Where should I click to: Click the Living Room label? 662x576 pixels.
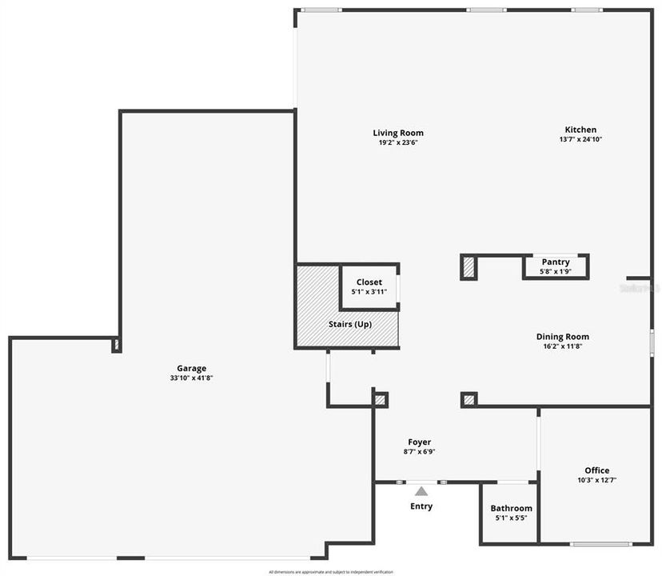pyautogui.click(x=398, y=133)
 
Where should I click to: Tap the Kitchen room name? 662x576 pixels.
pyautogui.click(x=580, y=130)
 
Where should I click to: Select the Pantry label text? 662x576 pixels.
pyautogui.click(x=556, y=262)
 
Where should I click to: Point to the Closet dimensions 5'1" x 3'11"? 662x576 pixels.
pyautogui.click(x=369, y=292)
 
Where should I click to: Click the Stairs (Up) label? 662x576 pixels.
pyautogui.click(x=350, y=324)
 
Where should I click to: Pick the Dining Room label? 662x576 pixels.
pyautogui.click(x=562, y=337)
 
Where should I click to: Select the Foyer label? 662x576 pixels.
pyautogui.click(x=420, y=442)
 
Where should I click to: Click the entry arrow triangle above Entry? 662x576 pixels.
pyautogui.click(x=421, y=491)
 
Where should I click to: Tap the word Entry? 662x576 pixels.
pyautogui.click(x=421, y=506)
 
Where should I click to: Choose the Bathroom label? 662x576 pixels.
pyautogui.click(x=511, y=508)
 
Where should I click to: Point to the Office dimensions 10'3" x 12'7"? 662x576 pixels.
pyautogui.click(x=596, y=481)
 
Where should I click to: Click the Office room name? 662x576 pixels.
pyautogui.click(x=596, y=470)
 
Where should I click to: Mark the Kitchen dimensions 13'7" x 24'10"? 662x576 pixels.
pyautogui.click(x=580, y=139)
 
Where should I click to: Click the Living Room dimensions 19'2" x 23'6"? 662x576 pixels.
pyautogui.click(x=398, y=142)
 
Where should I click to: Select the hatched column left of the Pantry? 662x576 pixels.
pyautogui.click(x=469, y=266)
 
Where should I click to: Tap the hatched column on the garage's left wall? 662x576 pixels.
pyautogui.click(x=116, y=345)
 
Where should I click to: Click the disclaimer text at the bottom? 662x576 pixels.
pyautogui.click(x=331, y=572)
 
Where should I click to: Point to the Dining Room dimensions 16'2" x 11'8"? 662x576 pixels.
pyautogui.click(x=562, y=346)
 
